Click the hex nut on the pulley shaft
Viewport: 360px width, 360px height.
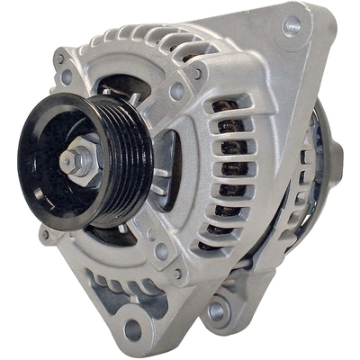pyautogui.click(x=76, y=164)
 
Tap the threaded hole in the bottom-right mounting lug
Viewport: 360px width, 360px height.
pyautogui.click(x=215, y=311)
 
